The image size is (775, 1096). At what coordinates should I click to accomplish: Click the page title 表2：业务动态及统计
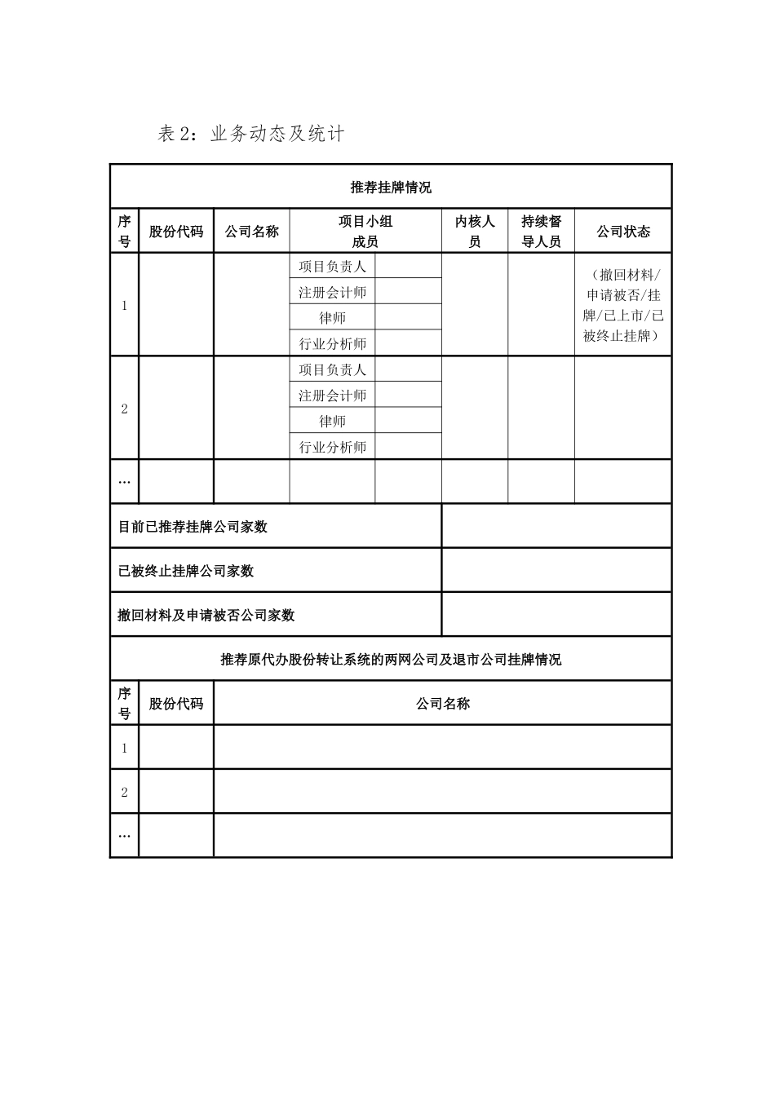point(251,134)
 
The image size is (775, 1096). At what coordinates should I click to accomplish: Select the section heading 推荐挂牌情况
point(391,188)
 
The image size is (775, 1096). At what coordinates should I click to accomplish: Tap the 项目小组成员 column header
point(365,232)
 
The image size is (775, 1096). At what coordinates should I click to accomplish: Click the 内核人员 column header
point(475,232)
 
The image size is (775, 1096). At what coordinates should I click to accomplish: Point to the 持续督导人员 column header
point(541,232)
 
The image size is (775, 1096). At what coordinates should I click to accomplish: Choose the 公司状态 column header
point(623,232)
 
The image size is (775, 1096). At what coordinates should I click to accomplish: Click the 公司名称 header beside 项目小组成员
point(251,232)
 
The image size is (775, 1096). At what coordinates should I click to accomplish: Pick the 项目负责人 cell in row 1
point(332,267)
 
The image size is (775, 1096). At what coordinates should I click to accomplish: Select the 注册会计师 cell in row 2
point(332,396)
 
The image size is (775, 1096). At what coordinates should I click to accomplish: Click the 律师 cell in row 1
point(332,318)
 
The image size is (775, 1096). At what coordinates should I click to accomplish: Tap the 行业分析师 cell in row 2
point(332,447)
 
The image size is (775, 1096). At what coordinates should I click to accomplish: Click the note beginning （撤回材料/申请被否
point(623,305)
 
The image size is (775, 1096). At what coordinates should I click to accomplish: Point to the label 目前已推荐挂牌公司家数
point(193,527)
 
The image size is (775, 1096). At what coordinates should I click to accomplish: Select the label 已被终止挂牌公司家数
point(186,571)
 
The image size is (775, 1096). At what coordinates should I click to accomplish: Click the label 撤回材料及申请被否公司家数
point(206,616)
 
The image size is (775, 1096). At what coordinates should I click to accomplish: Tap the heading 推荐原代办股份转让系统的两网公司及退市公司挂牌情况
point(391,660)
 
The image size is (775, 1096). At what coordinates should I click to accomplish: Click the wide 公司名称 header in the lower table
point(443,704)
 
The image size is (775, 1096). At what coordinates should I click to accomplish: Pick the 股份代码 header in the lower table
point(176,704)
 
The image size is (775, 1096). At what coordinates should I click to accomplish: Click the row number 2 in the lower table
point(124,792)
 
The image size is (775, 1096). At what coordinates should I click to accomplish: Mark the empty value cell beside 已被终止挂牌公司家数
point(556,571)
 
